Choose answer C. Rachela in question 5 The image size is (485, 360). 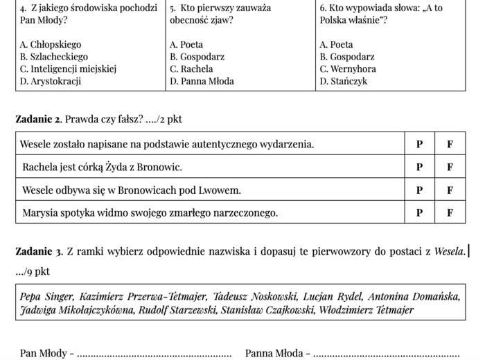(x=191, y=69)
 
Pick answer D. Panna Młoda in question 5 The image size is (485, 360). (x=202, y=81)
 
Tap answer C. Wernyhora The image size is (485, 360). (x=348, y=69)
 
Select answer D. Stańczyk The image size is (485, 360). (x=344, y=81)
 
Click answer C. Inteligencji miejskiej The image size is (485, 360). (x=68, y=69)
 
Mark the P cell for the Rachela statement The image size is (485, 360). (x=419, y=167)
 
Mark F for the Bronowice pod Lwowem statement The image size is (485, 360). (x=450, y=190)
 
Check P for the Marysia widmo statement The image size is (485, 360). (x=419, y=213)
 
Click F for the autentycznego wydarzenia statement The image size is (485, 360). (x=450, y=145)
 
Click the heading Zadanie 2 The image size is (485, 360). (x=38, y=119)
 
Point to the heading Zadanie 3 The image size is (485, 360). (x=38, y=251)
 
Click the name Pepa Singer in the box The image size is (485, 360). (x=46, y=296)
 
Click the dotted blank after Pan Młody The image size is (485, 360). (x=154, y=354)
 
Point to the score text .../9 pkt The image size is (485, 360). (x=33, y=271)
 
